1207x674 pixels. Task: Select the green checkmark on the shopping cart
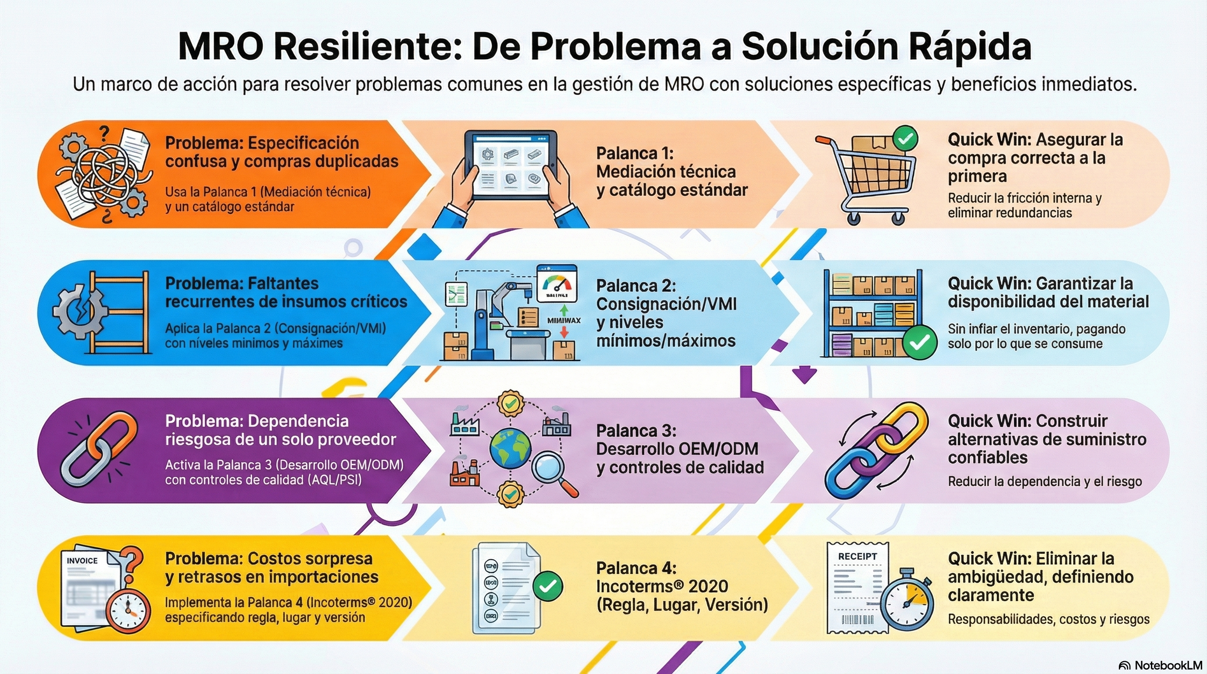click(x=905, y=138)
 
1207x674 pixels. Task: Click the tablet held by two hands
click(x=510, y=165)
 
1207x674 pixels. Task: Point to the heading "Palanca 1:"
click(x=635, y=153)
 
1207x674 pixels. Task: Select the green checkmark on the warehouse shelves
click(x=919, y=342)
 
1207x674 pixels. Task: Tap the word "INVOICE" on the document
click(x=82, y=561)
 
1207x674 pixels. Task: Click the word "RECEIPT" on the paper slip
click(x=857, y=556)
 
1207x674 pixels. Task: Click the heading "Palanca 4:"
click(x=636, y=568)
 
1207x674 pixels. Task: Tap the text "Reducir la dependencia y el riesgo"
click(x=1044, y=481)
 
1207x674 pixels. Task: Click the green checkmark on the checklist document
click(x=547, y=586)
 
